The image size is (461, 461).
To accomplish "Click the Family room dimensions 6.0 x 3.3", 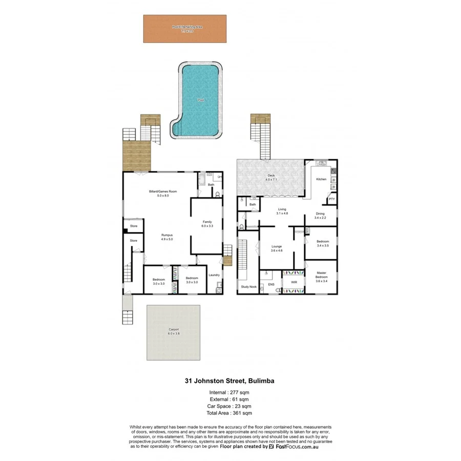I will [x=207, y=226].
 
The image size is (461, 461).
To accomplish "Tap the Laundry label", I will [x=214, y=275].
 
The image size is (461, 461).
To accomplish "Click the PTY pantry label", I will [x=331, y=199].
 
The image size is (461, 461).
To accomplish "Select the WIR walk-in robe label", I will [x=294, y=282].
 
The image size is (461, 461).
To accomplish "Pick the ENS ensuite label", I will [x=271, y=284].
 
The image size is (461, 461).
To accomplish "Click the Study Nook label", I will [x=248, y=287].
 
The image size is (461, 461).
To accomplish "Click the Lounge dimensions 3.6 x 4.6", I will [x=277, y=250].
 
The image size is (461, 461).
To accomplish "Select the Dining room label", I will [x=320, y=214].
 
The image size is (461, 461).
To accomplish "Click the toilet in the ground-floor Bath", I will [x=218, y=194].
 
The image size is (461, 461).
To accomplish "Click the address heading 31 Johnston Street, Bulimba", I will [x=229, y=381].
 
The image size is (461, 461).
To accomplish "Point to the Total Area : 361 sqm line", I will [x=229, y=412].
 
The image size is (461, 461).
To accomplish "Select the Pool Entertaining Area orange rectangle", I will [x=184, y=29].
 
